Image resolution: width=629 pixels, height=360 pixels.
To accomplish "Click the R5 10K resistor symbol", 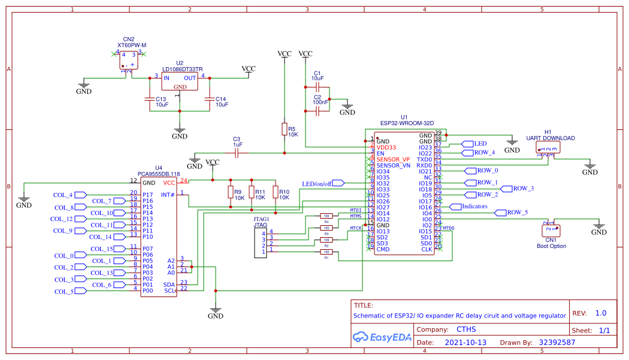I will coord(285,130).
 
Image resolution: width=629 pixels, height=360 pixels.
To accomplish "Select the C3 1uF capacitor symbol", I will coord(237,153).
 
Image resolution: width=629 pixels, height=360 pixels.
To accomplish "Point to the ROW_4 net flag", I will coord(479,153).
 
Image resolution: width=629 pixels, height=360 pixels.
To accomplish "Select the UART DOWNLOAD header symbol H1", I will coord(548,147).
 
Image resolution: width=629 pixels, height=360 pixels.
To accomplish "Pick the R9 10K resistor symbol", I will coord(230,192).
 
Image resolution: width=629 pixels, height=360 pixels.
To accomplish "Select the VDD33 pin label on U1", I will coord(386,147).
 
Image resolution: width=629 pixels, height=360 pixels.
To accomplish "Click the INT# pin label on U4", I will coord(168,195).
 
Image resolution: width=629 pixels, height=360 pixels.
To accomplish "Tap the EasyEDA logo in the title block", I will coord(382,337).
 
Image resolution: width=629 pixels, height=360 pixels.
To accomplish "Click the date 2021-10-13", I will coord(466,343).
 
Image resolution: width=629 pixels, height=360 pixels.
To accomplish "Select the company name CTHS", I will coord(467,329).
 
